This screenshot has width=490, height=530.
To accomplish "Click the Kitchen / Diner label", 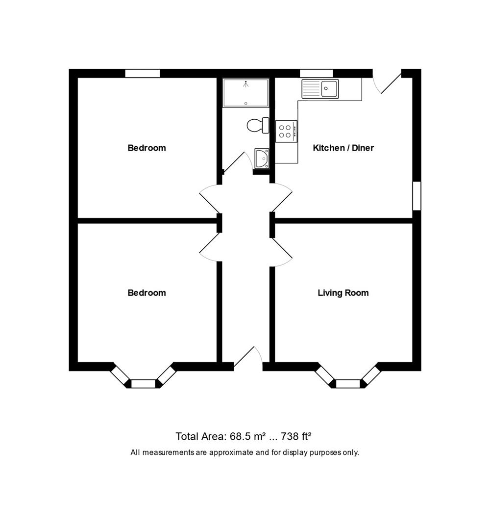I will click(x=343, y=148).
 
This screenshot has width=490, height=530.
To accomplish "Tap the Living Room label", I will click(x=343, y=293).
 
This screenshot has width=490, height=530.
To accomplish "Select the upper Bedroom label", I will click(x=147, y=148).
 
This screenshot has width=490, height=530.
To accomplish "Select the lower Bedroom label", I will click(x=147, y=293).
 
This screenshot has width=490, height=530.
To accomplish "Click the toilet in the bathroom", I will click(x=258, y=125).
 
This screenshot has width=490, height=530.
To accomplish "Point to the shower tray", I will click(x=245, y=93).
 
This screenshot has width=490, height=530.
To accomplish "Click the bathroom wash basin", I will click(x=262, y=159).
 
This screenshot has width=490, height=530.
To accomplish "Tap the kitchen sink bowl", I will click(x=329, y=88).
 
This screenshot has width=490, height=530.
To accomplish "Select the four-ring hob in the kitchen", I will click(x=286, y=131).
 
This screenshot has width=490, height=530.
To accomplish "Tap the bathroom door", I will click(x=235, y=161).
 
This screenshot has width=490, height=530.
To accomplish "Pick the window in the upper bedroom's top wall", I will click(x=142, y=74).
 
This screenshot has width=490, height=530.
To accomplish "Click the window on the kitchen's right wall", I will click(x=416, y=196).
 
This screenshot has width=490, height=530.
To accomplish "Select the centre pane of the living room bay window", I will click(x=348, y=384).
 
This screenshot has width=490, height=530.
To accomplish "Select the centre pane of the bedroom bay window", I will click(x=143, y=384).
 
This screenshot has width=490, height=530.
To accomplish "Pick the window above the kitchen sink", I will click(x=317, y=74).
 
